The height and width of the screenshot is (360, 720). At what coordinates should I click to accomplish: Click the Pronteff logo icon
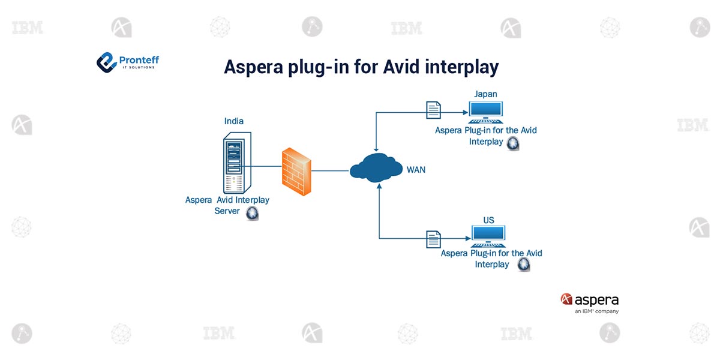tap(106, 61)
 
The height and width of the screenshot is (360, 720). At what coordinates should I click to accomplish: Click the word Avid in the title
tap(403, 67)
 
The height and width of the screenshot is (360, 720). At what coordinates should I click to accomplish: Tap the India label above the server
tap(234, 121)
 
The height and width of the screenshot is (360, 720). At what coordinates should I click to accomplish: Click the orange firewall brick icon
tap(297, 170)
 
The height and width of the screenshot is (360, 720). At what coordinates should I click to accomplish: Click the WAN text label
tap(416, 170)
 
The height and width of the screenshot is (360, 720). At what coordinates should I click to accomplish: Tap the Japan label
tap(485, 94)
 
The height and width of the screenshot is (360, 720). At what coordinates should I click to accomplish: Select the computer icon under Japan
tap(485, 111)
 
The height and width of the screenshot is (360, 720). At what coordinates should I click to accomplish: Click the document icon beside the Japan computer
tap(433, 110)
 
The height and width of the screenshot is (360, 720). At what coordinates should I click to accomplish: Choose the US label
tap(489, 220)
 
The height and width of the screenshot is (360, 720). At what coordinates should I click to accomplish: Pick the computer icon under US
tap(488, 236)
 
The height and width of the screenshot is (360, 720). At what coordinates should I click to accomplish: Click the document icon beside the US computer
tap(433, 239)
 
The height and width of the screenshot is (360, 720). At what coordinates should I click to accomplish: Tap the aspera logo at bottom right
tap(589, 301)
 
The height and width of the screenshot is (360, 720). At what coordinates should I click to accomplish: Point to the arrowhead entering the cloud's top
tap(376, 149)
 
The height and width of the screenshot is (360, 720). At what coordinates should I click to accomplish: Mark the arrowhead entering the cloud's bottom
tap(379, 187)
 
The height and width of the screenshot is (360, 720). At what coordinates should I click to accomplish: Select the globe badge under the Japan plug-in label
tap(513, 143)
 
